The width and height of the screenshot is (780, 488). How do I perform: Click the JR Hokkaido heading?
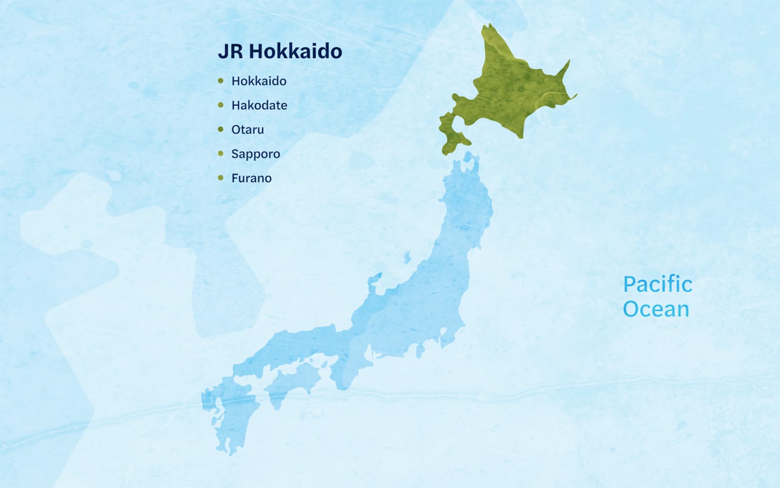point(280,51)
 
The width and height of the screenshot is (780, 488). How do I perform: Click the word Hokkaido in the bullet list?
point(259,81)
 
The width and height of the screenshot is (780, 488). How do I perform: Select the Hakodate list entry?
point(259,105)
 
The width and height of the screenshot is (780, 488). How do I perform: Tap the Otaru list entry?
point(248,130)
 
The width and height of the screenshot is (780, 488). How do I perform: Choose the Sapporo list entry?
point(255,154)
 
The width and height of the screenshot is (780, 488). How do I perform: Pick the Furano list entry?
point(252,178)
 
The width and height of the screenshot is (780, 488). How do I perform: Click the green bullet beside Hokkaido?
point(221,81)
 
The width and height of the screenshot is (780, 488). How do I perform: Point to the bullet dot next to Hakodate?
point(221,105)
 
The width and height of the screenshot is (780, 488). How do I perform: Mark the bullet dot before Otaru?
point(221,130)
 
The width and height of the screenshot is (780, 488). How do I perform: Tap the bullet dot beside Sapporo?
point(221,154)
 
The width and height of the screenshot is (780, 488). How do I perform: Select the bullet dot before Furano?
point(221,178)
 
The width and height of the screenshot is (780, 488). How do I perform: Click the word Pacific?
point(658,285)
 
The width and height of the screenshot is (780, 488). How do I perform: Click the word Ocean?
point(656,309)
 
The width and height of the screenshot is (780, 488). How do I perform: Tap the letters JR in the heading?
point(230,51)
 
